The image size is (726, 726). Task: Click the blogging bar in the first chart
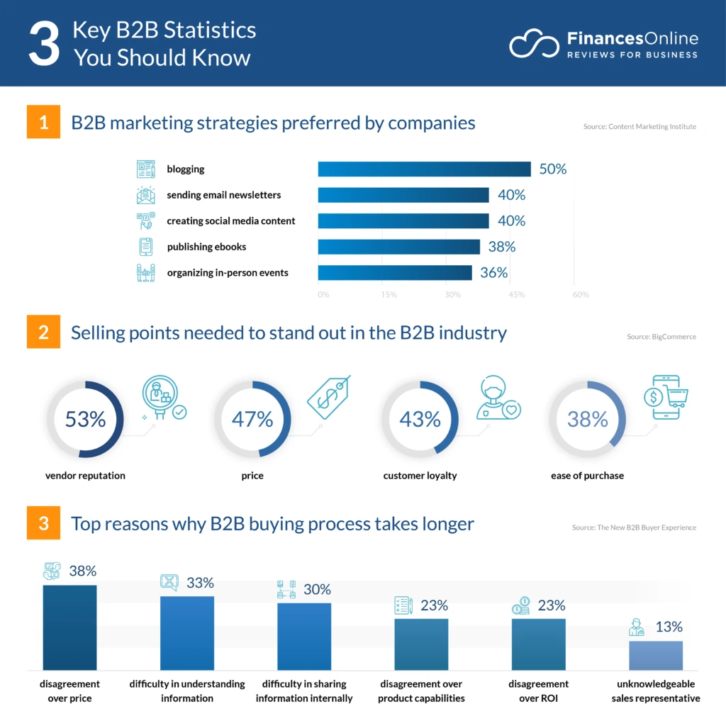424,169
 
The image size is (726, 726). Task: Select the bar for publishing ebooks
398,247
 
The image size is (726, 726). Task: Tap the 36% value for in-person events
493,273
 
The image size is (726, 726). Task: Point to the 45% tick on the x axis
516,295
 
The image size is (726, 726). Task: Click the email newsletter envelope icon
145,195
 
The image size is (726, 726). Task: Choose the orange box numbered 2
43,333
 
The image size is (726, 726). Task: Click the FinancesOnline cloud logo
534,43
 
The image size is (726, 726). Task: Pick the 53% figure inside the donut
85,419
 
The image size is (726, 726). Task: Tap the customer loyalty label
420,476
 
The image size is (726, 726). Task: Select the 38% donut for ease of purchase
587,419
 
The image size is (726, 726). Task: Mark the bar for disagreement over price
69,627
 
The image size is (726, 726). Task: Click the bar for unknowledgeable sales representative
656,656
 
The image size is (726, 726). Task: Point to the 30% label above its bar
316,589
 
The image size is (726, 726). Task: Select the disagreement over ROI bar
538,644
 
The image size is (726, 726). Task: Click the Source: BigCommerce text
661,337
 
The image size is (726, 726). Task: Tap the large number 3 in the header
44,45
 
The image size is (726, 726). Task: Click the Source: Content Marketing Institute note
639,127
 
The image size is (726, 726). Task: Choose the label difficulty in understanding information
187,691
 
